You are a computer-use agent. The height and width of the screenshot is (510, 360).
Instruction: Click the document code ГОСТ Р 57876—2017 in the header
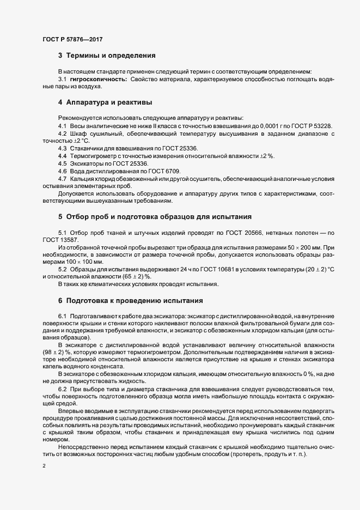tap(72, 40)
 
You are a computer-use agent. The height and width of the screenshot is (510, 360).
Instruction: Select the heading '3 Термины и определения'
tap(107, 56)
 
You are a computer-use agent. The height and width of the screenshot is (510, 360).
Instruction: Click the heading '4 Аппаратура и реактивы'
tap(105, 102)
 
